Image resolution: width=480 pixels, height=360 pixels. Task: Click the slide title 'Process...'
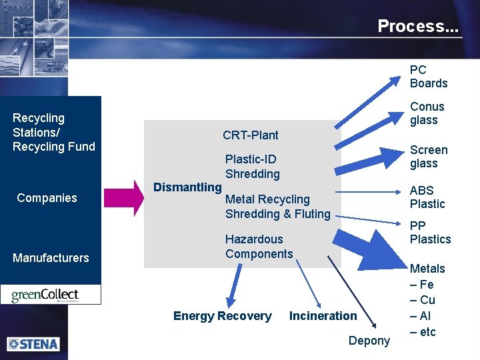[x=418, y=26]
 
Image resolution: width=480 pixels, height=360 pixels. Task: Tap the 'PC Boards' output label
[x=428, y=77]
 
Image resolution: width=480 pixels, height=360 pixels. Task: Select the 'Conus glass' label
[x=427, y=113]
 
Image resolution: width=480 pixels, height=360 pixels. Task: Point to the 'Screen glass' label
[x=428, y=157]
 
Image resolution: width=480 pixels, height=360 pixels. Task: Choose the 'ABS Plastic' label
[x=427, y=197]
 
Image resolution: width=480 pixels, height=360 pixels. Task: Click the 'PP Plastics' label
[x=430, y=233]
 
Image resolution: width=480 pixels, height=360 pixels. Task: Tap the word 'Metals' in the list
[x=427, y=269]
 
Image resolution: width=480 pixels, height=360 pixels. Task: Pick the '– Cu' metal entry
[x=423, y=301]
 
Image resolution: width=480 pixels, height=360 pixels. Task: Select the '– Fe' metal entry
[x=422, y=285]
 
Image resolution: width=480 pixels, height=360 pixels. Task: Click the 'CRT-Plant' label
[x=251, y=135]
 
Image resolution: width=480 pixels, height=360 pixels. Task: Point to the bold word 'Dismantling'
[x=187, y=187]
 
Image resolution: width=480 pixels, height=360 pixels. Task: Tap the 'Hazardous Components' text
[x=259, y=247]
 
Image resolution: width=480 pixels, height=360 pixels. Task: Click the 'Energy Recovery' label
[x=222, y=316]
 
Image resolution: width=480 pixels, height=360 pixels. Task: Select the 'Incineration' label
[x=323, y=316]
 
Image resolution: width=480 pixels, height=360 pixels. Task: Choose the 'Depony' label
[x=369, y=341]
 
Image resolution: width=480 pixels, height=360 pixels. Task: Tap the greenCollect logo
[x=51, y=295]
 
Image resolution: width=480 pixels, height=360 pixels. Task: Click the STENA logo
[x=33, y=344]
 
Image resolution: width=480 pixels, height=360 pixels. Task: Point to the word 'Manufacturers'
[x=51, y=258]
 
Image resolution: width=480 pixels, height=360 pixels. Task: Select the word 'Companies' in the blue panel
[x=47, y=198]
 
